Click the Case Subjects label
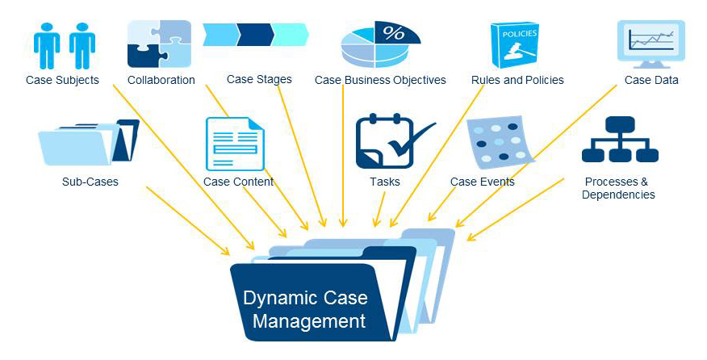(x=62, y=80)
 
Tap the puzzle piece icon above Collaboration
(x=159, y=44)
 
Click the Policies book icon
(x=515, y=45)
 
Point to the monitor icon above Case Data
(x=651, y=42)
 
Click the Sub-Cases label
(x=90, y=182)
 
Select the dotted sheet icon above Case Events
(x=498, y=143)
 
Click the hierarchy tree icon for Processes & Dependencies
(x=620, y=141)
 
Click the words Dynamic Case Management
(x=305, y=309)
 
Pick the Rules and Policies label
(x=517, y=80)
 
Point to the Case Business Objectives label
(x=380, y=80)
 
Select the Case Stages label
(x=259, y=79)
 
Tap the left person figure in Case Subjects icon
(x=47, y=44)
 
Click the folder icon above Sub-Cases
(x=87, y=143)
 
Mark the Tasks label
(x=385, y=182)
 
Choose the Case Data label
(x=651, y=80)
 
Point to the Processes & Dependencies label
(x=617, y=188)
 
